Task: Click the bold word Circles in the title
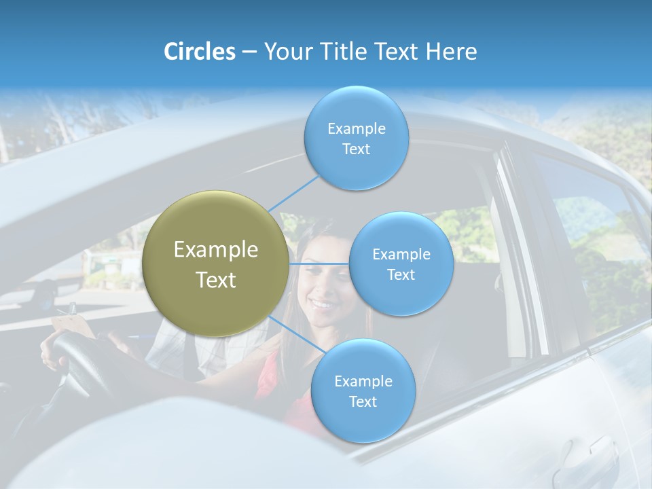pos(199,52)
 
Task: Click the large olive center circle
pos(215,264)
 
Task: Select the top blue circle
pos(356,138)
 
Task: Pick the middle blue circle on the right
pos(401,264)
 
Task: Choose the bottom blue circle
pos(363,391)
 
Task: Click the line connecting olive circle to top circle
pos(293,192)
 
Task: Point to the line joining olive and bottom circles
pos(297,333)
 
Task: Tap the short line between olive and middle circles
pos(319,264)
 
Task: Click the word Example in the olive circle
pos(216,249)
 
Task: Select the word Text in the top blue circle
pos(356,149)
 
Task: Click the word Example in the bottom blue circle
pos(363,381)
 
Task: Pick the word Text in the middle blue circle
pos(401,274)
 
